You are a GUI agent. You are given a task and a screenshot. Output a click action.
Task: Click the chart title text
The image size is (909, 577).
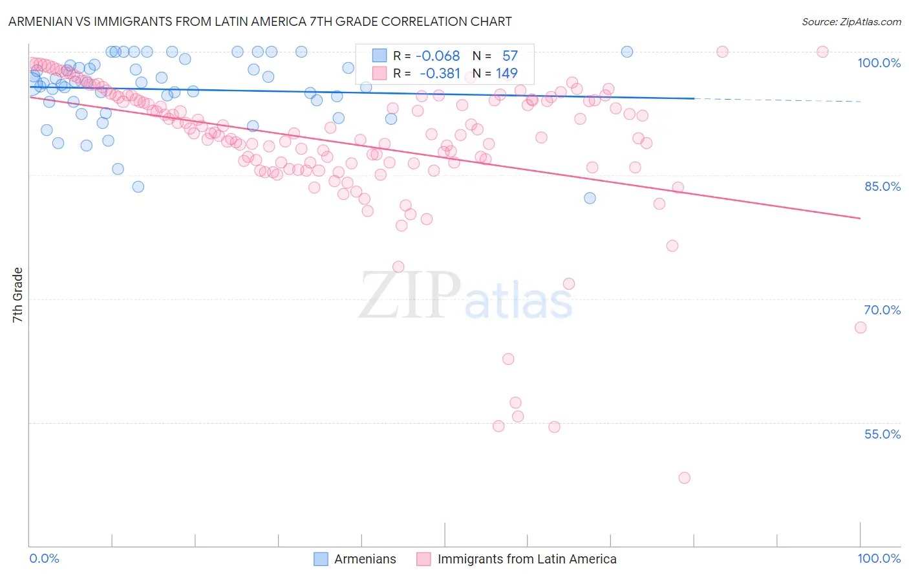[260, 21]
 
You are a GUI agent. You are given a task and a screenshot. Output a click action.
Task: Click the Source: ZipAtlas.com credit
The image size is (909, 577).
[851, 21]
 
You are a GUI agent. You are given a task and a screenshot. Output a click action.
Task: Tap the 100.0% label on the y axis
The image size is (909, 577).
[879, 63]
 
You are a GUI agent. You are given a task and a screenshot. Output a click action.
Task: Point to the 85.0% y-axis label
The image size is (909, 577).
[882, 186]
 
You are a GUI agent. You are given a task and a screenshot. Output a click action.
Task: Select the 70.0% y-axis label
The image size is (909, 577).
[882, 310]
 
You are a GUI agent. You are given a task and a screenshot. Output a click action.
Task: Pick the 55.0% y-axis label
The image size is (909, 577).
[882, 434]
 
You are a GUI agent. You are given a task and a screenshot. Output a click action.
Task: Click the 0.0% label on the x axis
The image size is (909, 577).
[44, 558]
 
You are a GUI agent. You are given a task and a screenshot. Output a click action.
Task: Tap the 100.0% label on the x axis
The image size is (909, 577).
[879, 558]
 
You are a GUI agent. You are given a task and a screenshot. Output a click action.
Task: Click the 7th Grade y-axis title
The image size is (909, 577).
[17, 295]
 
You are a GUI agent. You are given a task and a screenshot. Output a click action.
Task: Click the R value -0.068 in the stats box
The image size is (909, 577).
[438, 56]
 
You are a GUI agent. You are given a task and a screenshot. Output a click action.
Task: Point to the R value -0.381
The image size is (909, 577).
[440, 74]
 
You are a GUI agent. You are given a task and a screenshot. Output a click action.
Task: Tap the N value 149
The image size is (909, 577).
[506, 74]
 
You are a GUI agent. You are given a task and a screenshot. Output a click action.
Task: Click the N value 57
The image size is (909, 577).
[509, 56]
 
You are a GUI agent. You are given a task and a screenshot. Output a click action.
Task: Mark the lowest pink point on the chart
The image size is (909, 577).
[684, 478]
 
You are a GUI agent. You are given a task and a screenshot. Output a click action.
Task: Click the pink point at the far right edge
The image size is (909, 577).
[860, 327]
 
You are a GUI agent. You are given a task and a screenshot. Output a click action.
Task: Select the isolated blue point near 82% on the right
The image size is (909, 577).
[590, 198]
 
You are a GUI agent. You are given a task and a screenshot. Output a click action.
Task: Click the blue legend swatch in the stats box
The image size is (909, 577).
[379, 56]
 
